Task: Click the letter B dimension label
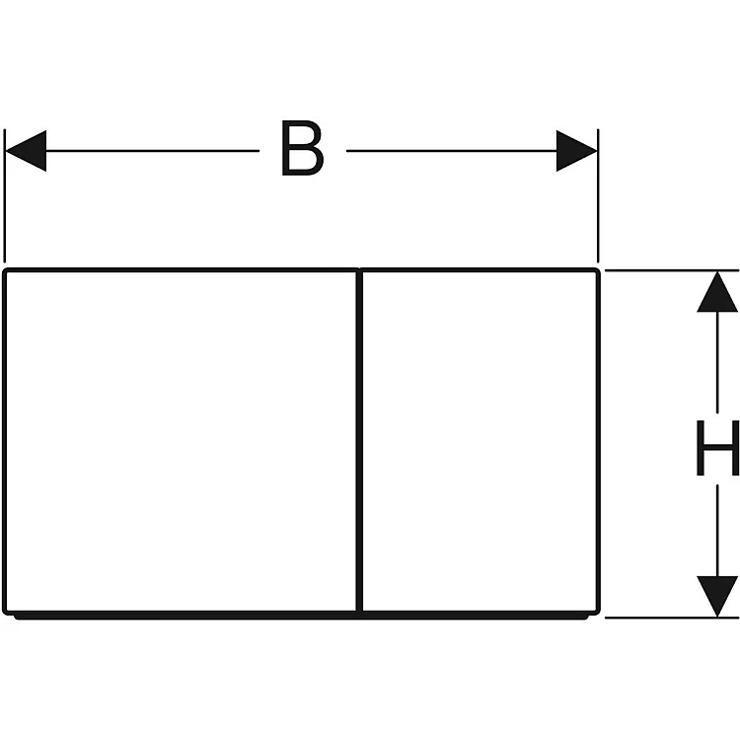[301, 151]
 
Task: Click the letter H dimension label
[716, 449]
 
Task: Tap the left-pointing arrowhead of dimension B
[26, 151]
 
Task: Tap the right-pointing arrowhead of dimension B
[576, 151]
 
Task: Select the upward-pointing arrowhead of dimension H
[717, 293]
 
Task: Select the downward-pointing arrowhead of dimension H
[717, 596]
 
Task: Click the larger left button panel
[181, 441]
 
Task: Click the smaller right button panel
[480, 441]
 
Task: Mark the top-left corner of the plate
[6, 269]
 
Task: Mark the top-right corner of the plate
[597, 269]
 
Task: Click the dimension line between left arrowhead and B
[148, 151]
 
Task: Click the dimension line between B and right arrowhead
[449, 151]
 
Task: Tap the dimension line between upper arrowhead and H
[717, 365]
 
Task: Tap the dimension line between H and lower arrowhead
[717, 528]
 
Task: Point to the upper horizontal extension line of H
[671, 269]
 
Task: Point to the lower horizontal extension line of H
[671, 618]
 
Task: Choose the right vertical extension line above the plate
[597, 197]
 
